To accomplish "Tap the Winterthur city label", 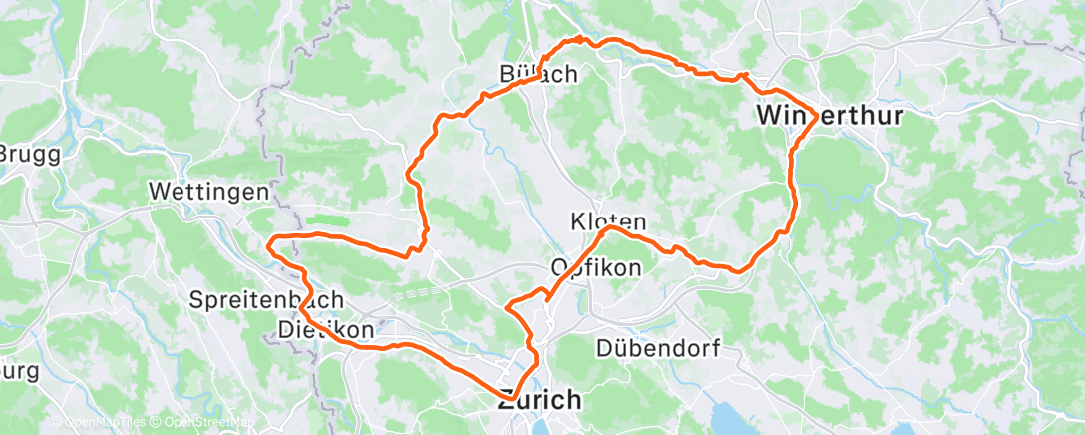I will (830, 116).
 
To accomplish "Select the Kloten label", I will (608, 220).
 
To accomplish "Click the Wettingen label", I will (208, 191).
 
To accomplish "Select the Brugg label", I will (30, 155).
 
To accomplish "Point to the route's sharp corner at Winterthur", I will (817, 117).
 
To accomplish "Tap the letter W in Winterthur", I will (769, 116).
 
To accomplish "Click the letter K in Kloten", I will (579, 220).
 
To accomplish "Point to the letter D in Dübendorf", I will (604, 348).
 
